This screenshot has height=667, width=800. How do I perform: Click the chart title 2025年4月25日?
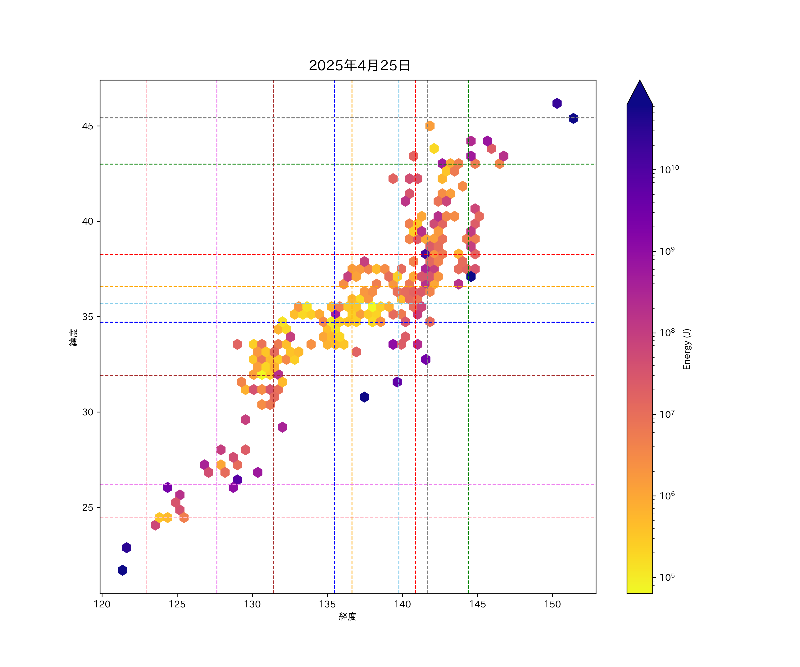click(x=359, y=66)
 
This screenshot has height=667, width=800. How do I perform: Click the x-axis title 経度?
click(x=347, y=616)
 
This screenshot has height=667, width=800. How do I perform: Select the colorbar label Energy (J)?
click(x=686, y=349)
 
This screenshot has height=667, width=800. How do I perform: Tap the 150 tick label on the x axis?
click(x=552, y=604)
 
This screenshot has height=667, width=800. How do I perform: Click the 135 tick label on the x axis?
click(x=327, y=604)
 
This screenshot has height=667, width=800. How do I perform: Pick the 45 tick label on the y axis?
click(x=88, y=126)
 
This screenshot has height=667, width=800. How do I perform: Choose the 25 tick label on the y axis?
click(x=88, y=507)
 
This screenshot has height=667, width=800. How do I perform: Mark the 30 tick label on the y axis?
click(x=88, y=412)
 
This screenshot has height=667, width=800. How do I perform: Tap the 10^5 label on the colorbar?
click(x=667, y=577)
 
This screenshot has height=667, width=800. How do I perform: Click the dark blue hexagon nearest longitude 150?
click(x=557, y=103)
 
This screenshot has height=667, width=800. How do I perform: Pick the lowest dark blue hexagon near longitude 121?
click(x=122, y=570)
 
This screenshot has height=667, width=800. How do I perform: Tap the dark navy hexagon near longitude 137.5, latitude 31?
click(x=364, y=397)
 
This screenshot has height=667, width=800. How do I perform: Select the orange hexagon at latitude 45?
click(x=430, y=126)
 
